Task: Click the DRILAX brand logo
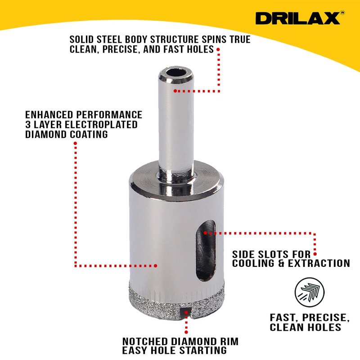(297, 18)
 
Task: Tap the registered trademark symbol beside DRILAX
(342, 13)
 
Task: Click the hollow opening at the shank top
(176, 72)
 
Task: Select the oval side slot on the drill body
(206, 250)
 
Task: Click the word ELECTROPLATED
(101, 125)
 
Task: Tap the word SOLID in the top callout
(82, 40)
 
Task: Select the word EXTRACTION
(319, 263)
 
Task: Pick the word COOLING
(253, 263)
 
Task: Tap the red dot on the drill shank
(175, 91)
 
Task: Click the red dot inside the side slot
(205, 233)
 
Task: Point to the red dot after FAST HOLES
(218, 49)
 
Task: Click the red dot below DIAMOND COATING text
(75, 143)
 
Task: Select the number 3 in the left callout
(28, 125)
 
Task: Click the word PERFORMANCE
(109, 115)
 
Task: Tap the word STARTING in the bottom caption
(203, 351)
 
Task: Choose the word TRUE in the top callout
(240, 40)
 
